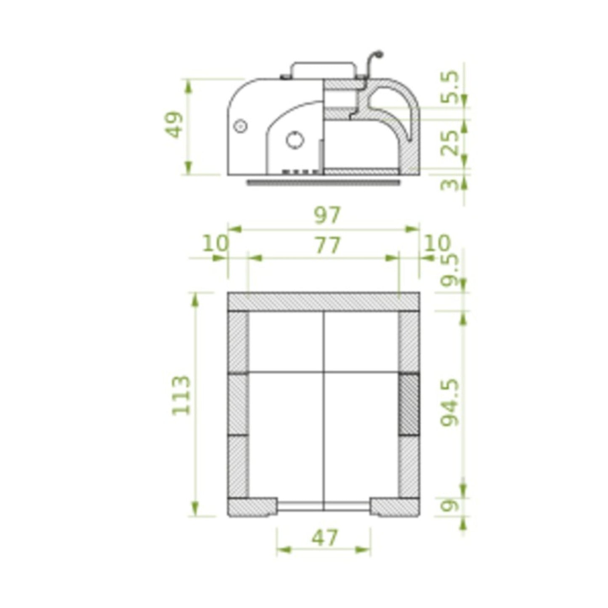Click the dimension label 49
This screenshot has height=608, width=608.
[175, 125]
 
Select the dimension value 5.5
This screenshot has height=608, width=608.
[451, 87]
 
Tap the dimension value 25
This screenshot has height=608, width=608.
[451, 143]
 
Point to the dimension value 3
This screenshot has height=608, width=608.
[451, 184]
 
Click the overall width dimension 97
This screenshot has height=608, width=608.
[327, 215]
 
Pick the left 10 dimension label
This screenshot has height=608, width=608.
[215, 243]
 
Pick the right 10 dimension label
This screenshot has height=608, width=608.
[437, 243]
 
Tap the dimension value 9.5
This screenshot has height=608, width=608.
[451, 269]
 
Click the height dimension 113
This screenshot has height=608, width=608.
[182, 395]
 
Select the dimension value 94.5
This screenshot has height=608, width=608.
[451, 403]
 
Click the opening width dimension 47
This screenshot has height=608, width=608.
[324, 538]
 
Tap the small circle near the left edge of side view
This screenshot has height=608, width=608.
[240, 126]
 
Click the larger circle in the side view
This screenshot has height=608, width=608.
[295, 140]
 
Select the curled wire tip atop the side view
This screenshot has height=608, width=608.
[379, 54]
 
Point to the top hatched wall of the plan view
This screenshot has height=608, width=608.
[323, 301]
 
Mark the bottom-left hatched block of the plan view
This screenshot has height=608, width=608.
[252, 507]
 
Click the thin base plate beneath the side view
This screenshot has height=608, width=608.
[324, 182]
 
